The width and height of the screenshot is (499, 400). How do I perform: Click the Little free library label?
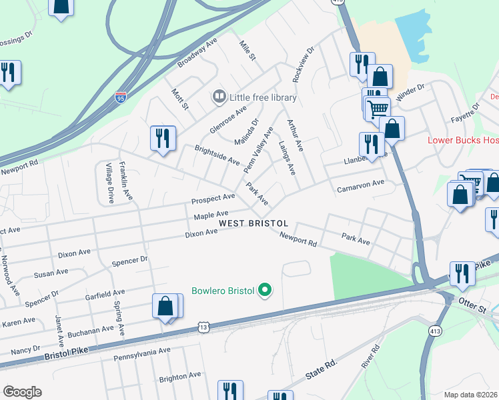coord(263,97)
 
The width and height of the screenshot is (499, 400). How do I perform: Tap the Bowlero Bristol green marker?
coord(265,290)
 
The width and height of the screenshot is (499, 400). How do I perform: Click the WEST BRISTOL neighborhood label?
coord(254,223)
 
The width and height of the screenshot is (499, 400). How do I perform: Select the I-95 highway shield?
coord(120,97)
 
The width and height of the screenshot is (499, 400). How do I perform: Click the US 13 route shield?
coord(203,327)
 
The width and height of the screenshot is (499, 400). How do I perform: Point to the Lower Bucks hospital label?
coord(463,140)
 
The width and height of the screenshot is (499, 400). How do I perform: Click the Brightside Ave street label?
coord(217,155)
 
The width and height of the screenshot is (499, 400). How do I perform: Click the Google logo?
coord(22,392)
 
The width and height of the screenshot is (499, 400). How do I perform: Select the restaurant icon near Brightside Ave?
coord(163,139)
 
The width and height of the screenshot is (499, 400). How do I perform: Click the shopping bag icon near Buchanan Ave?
coord(165,306)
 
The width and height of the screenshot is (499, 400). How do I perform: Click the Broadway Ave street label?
coord(197,53)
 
